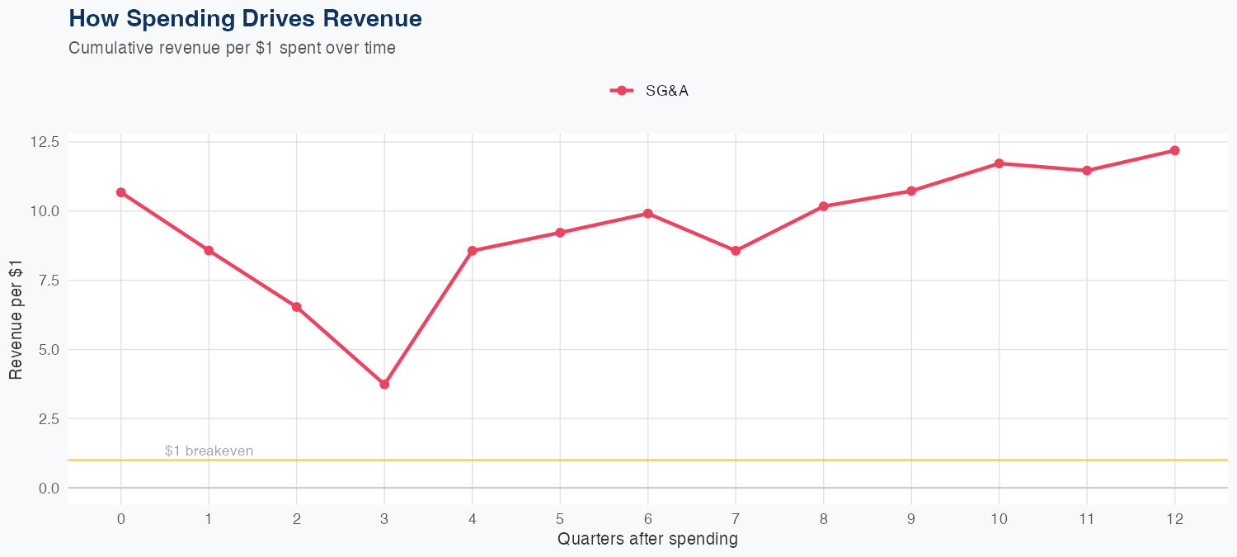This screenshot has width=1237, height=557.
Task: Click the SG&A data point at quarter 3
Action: [384, 385]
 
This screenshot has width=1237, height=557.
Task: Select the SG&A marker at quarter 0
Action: [121, 192]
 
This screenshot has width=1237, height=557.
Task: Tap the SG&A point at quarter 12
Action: [1174, 150]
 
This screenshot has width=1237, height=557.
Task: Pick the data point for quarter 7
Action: [736, 251]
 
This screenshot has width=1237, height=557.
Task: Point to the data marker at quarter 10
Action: [999, 163]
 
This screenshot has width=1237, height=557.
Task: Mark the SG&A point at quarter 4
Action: [473, 251]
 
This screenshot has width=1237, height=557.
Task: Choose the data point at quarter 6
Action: [648, 214]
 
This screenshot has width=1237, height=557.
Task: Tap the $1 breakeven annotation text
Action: [209, 451]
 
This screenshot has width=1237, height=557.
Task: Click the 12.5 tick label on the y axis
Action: [44, 142]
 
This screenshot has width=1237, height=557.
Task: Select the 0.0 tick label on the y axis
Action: [47, 489]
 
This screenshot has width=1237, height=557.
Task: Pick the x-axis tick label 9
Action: [911, 519]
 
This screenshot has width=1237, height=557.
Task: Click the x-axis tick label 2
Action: [297, 519]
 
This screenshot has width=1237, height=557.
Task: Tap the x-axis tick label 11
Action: [1086, 519]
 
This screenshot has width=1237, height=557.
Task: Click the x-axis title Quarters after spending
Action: [647, 540]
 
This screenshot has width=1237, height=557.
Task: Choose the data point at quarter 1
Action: [209, 251]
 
